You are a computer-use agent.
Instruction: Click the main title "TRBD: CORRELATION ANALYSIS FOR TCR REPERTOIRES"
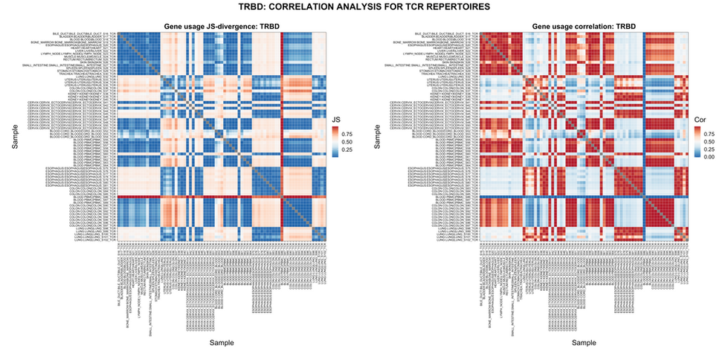[364, 7]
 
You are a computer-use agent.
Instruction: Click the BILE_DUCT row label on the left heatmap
[85, 34]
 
